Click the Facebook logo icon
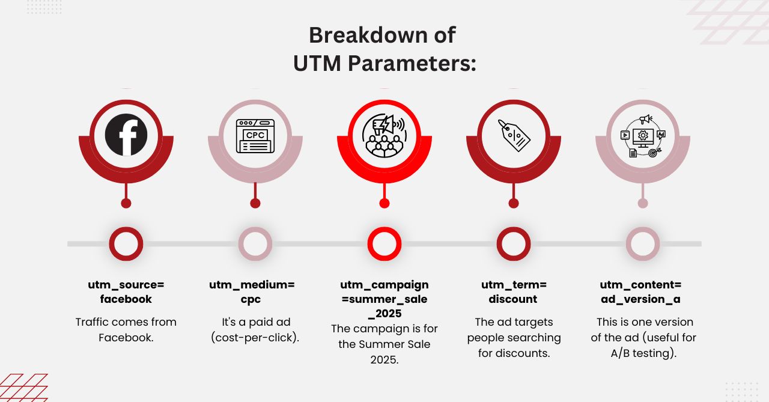[126, 135]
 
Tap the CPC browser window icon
[255, 136]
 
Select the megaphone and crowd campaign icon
[384, 136]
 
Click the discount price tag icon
[514, 135]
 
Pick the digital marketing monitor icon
[643, 136]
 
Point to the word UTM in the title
[317, 64]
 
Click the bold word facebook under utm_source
[126, 299]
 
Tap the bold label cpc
[251, 300]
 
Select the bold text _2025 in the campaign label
[384, 314]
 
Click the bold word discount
[513, 299]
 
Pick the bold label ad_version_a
[640, 299]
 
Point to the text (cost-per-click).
[255, 338]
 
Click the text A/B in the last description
[620, 353]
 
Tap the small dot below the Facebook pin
[126, 203]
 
